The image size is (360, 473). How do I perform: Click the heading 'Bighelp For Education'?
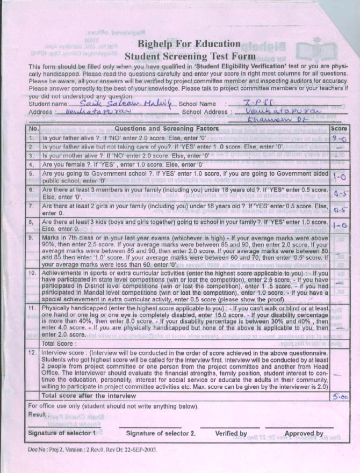[188, 43]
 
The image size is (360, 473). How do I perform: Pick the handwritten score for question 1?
[339, 139]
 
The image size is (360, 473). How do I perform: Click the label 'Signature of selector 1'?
[62, 433]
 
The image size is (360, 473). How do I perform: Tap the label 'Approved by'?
[304, 433]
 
